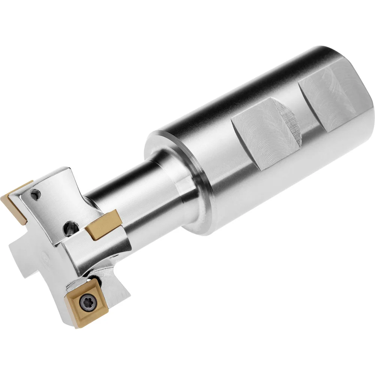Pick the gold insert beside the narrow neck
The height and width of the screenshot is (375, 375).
point(103,225)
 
